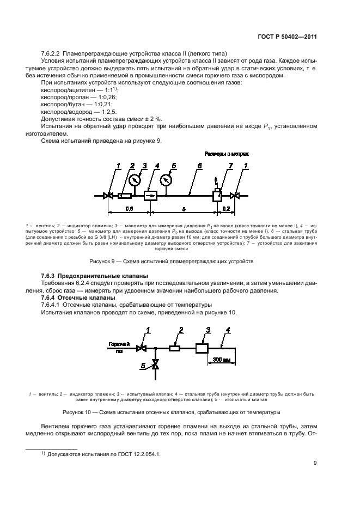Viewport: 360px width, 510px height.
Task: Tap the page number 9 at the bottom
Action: pos(315,464)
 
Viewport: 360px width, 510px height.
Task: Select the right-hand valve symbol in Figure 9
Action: pos(234,195)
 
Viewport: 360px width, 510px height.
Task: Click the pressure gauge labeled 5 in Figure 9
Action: pos(167,178)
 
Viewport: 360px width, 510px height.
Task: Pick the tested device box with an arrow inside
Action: pos(150,195)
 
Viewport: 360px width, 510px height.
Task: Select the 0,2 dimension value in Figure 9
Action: pos(225,209)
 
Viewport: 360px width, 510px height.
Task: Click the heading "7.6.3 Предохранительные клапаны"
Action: pos(95,276)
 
